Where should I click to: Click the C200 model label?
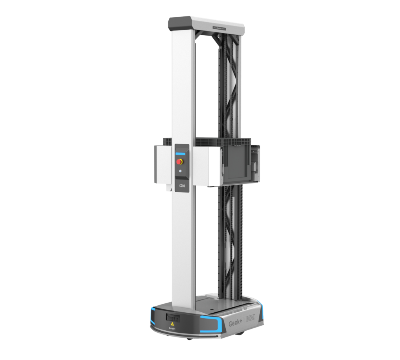point(182,186)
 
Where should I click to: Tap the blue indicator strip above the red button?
point(180,154)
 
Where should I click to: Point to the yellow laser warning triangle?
point(172,324)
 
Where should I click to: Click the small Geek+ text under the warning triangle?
point(172,329)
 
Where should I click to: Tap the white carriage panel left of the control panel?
point(162,164)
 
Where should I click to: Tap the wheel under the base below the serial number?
point(243,334)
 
